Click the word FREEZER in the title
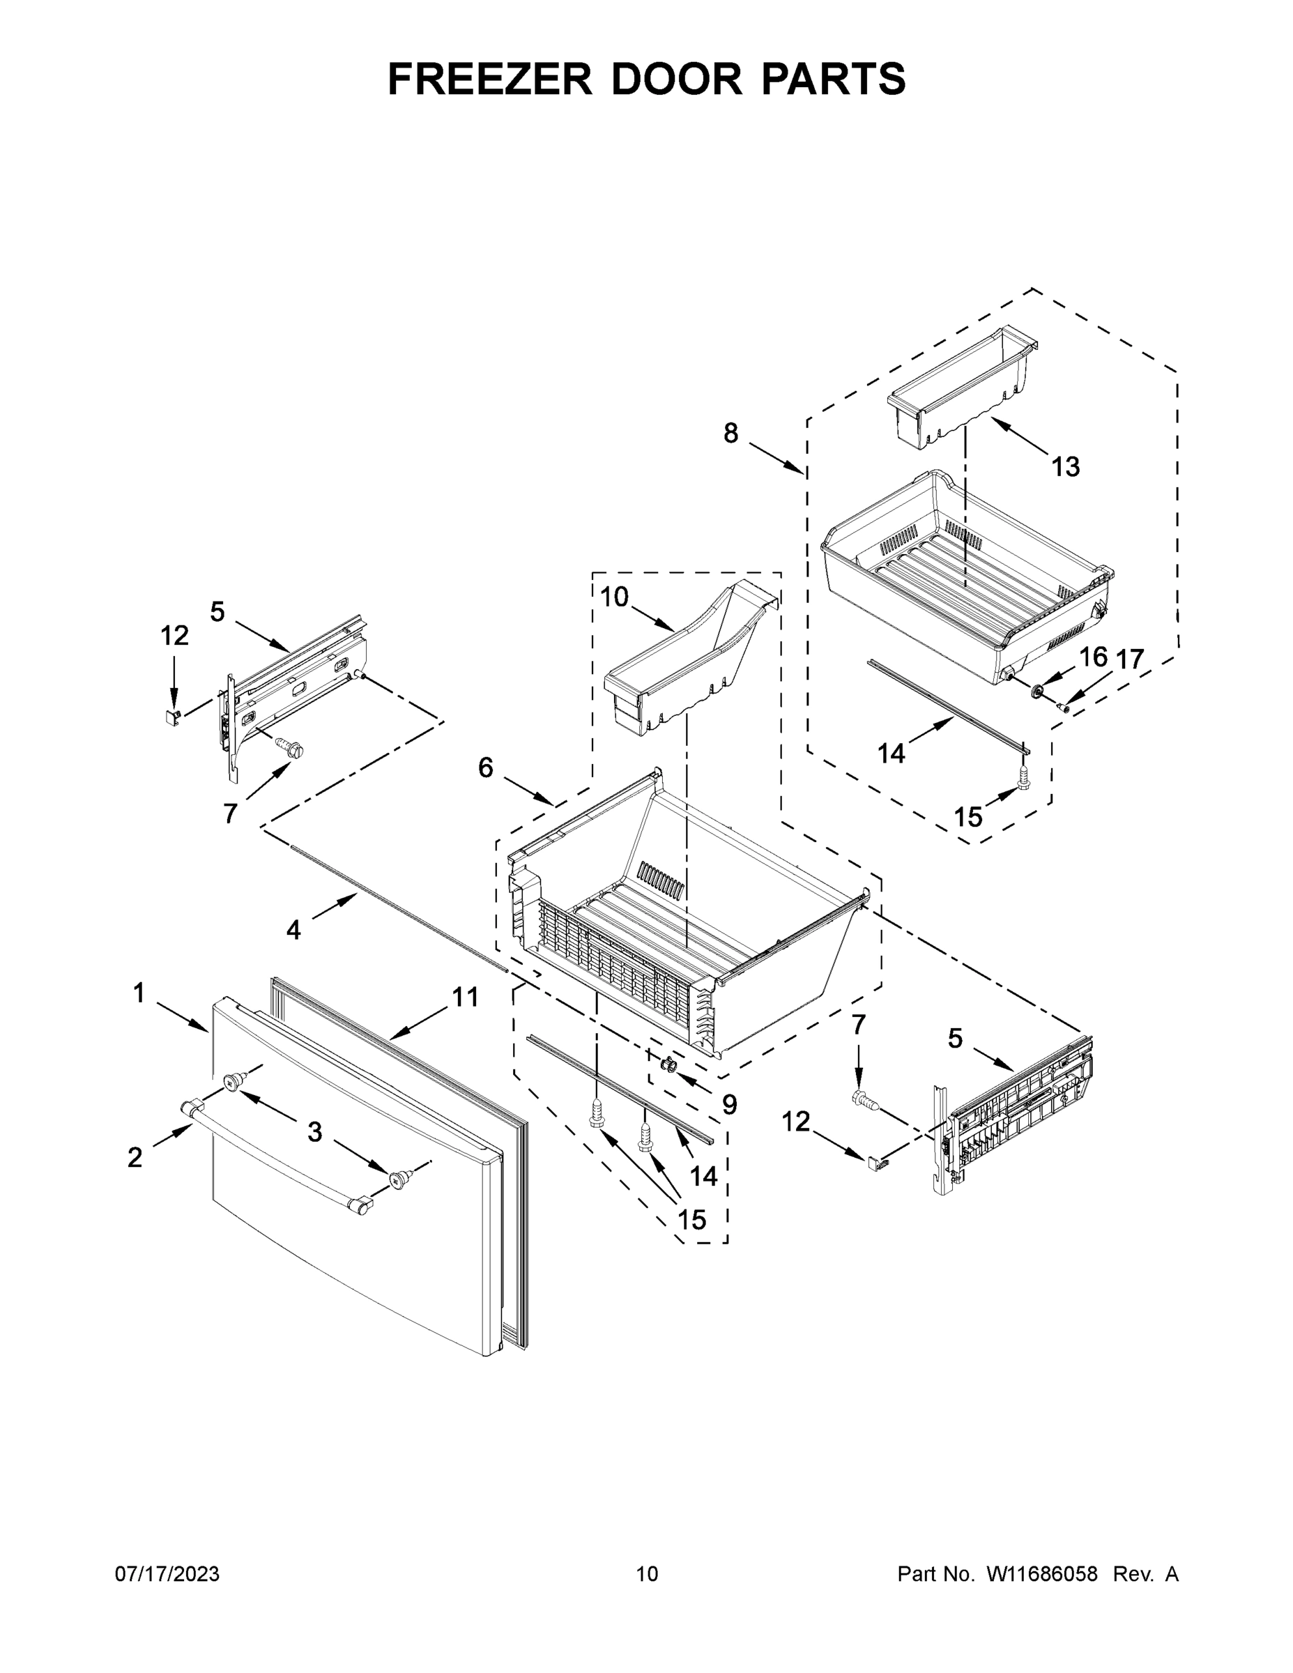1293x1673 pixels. pyautogui.click(x=489, y=79)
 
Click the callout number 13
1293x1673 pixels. pyautogui.click(x=1066, y=466)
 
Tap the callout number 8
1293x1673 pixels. pyautogui.click(x=730, y=434)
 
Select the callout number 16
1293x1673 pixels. pyautogui.click(x=1093, y=657)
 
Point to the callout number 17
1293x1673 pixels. pyautogui.click(x=1129, y=659)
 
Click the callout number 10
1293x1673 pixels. pyautogui.click(x=614, y=597)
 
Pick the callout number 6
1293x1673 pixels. pyautogui.click(x=486, y=767)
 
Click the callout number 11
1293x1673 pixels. pyautogui.click(x=465, y=997)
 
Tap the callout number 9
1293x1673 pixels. pyautogui.click(x=729, y=1104)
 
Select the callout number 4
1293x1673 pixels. pyautogui.click(x=293, y=930)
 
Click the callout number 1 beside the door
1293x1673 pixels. pyautogui.click(x=139, y=993)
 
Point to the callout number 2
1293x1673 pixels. pyautogui.click(x=135, y=1157)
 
